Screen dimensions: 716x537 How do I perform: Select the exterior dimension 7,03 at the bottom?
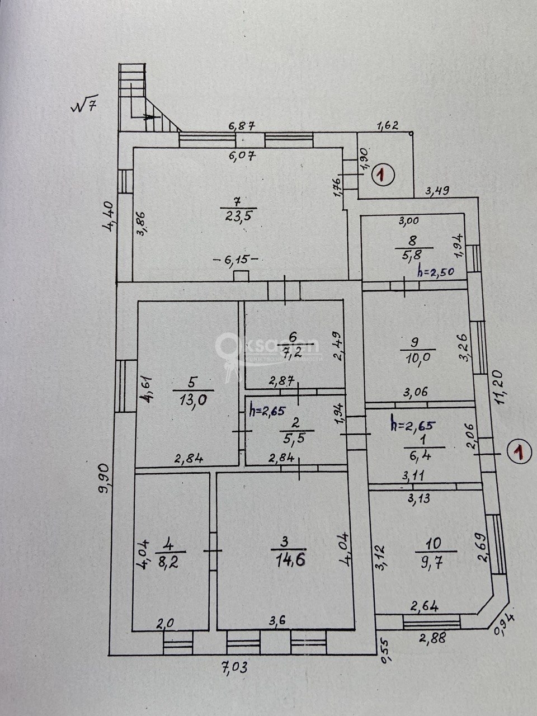click(x=233, y=667)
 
